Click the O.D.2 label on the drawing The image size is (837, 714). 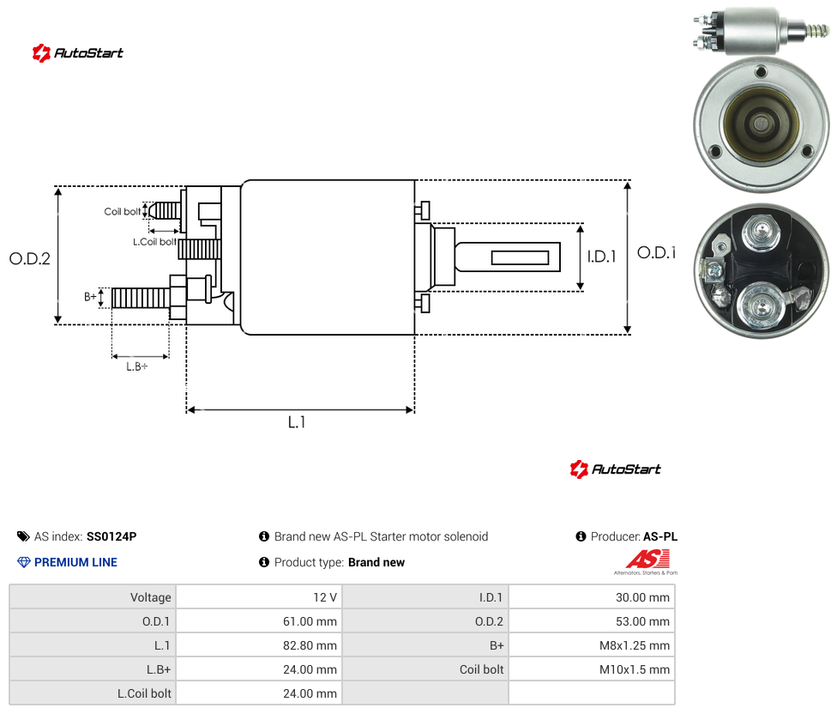coord(30,259)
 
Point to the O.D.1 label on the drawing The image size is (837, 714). coord(656,252)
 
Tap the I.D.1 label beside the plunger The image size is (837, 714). coord(602,257)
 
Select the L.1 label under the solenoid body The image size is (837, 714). coord(297,422)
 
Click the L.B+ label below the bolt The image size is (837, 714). coord(137,366)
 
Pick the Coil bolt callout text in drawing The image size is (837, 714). coord(123,211)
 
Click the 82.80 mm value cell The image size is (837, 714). coord(310,645)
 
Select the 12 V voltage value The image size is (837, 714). coord(325,597)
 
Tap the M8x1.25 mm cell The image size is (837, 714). coord(635,645)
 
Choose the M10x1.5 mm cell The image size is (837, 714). coord(635,669)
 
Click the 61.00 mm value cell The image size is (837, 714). coord(310,621)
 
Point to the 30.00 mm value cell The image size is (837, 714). coord(642,597)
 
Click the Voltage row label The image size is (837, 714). coord(151,597)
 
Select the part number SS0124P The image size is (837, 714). coord(111,536)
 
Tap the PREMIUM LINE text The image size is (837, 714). coord(75,562)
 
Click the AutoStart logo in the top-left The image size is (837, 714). coord(78,53)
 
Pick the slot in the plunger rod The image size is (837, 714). coord(520,258)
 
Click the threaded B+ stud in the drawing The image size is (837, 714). coord(141,298)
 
